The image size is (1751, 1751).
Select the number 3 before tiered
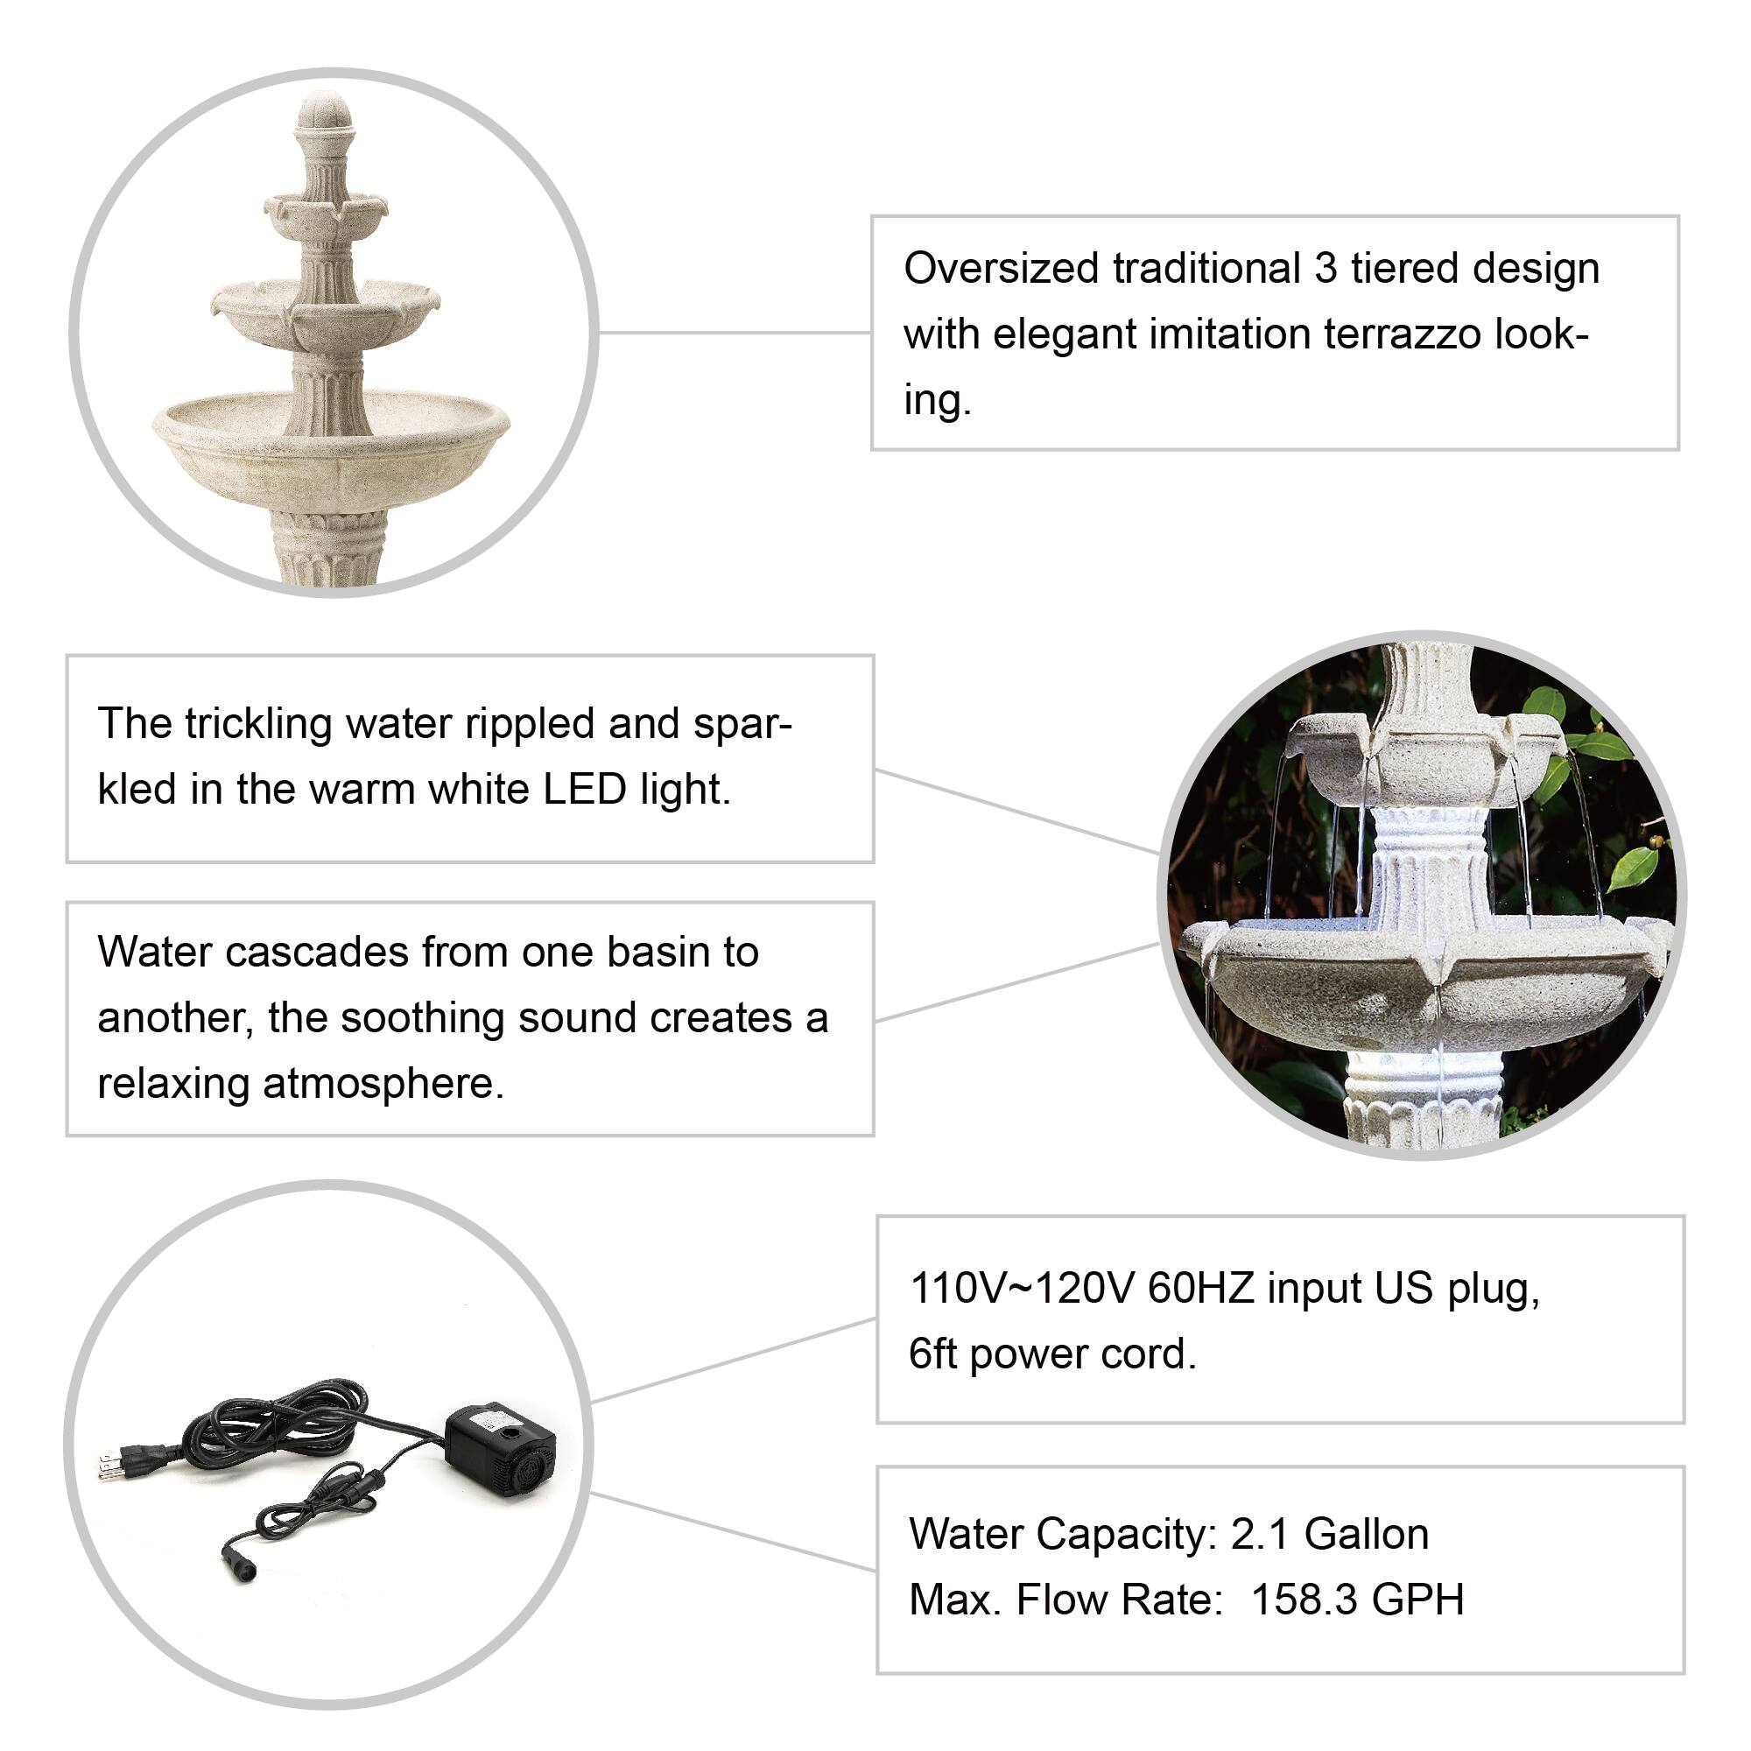[x=1326, y=268]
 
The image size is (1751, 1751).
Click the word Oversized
[x=1002, y=268]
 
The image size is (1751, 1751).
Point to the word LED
[x=585, y=789]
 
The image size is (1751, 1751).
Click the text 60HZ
[x=1201, y=1288]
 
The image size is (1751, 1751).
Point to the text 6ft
[x=932, y=1354]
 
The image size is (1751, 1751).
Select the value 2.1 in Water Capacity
[x=1259, y=1535]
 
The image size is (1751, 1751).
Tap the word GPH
[x=1418, y=1600]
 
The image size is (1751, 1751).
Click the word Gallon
[x=1366, y=1535]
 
